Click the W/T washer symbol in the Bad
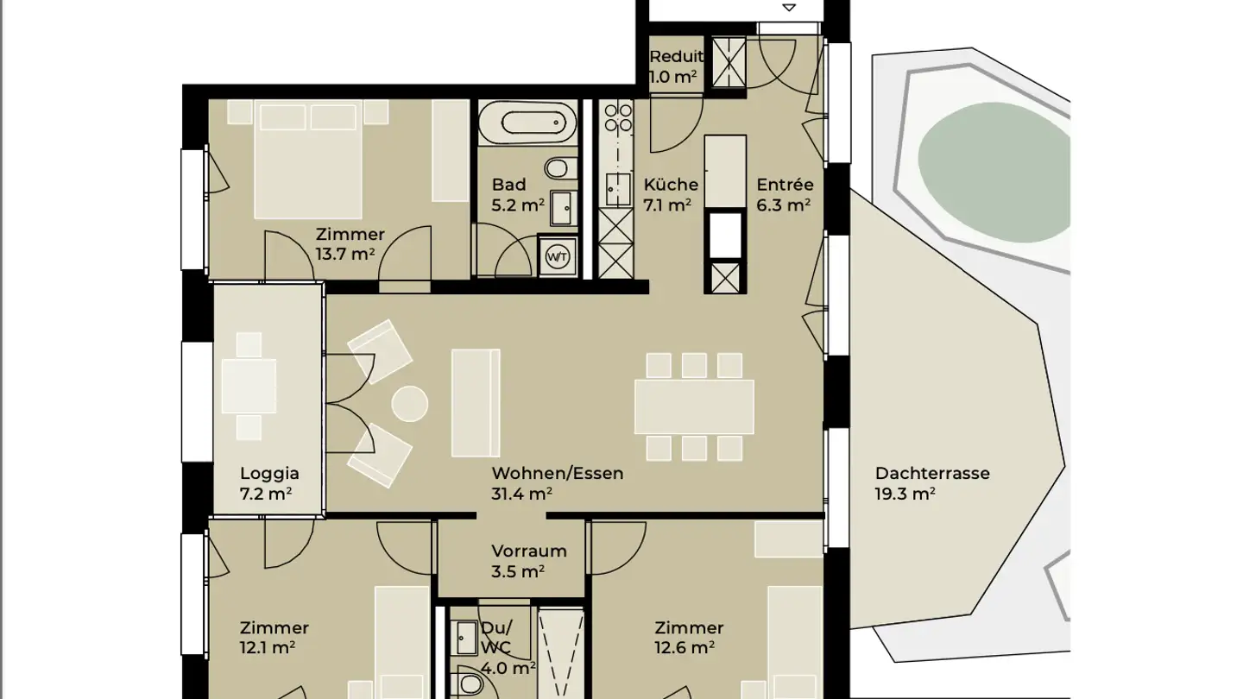pyautogui.click(x=557, y=256)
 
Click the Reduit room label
pyautogui.click(x=677, y=56)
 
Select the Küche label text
pyautogui.click(x=671, y=184)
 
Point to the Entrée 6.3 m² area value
pyautogui.click(x=784, y=205)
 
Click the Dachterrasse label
pyautogui.click(x=932, y=473)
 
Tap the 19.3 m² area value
pyautogui.click(x=905, y=494)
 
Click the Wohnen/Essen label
pyautogui.click(x=557, y=473)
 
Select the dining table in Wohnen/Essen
pyautogui.click(x=694, y=406)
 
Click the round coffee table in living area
pyautogui.click(x=409, y=404)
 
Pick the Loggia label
pyautogui.click(x=269, y=473)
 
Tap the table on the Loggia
pyautogui.click(x=249, y=386)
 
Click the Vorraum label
pyautogui.click(x=529, y=551)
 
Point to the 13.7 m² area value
pyautogui.click(x=345, y=254)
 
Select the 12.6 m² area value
pyautogui.click(x=685, y=647)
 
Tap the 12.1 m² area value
pyautogui.click(x=267, y=647)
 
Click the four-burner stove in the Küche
pyautogui.click(x=618, y=117)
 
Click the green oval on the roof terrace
pyautogui.click(x=994, y=173)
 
